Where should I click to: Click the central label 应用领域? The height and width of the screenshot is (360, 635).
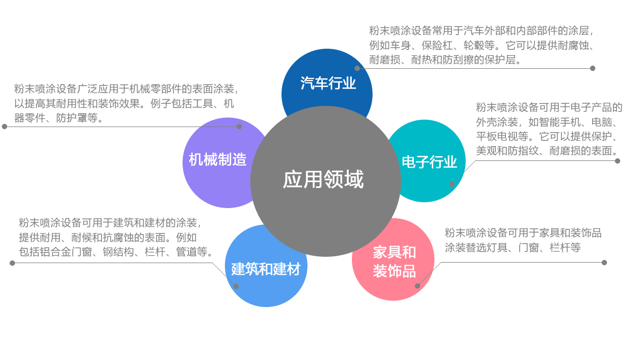click(323, 180)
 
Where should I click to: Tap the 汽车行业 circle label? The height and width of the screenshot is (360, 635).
click(328, 84)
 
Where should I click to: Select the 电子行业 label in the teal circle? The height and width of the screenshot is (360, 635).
click(429, 162)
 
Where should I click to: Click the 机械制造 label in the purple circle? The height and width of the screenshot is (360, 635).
click(218, 159)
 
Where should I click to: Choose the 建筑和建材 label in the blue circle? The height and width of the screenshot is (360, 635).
click(266, 269)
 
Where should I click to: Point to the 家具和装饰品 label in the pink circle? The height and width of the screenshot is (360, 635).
click(394, 262)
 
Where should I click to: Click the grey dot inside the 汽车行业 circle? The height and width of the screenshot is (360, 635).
click(357, 68)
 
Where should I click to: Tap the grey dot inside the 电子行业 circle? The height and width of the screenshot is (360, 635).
click(452, 184)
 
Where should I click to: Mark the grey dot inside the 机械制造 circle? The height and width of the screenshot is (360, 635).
click(239, 127)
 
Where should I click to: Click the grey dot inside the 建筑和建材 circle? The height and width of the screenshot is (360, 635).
click(236, 286)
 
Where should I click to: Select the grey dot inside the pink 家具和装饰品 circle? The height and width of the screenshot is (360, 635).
click(418, 286)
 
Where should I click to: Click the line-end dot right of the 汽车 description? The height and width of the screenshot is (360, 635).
click(593, 68)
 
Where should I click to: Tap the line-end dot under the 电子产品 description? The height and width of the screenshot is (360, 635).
click(618, 161)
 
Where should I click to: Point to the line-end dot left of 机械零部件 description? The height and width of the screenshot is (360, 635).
click(5, 127)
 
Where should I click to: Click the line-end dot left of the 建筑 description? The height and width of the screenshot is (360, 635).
click(12, 263)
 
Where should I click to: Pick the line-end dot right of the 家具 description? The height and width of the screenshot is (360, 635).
click(604, 263)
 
